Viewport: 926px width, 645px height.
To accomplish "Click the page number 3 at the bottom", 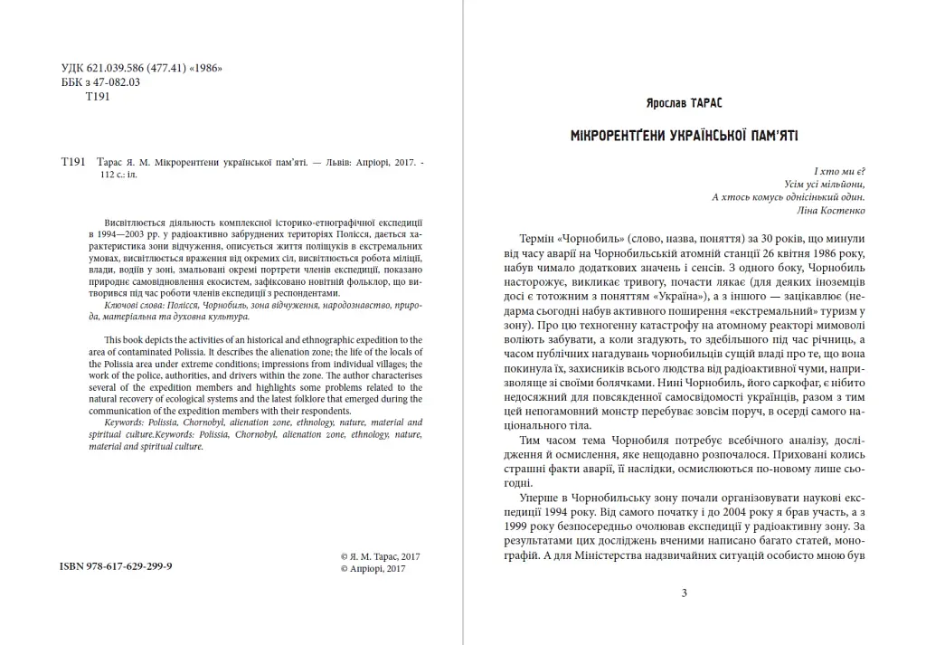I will (x=684, y=593).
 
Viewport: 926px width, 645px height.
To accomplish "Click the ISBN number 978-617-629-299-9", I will (x=116, y=564).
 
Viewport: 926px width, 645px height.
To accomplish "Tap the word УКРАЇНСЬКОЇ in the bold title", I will (x=710, y=136).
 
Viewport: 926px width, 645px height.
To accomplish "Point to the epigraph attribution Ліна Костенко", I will (x=833, y=211).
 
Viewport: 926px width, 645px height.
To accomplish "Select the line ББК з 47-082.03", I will (x=100, y=82).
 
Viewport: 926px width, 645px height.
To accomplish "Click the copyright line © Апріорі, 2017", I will (x=373, y=570).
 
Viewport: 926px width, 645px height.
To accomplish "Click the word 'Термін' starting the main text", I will (x=540, y=237).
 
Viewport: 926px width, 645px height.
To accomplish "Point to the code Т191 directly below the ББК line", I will (x=97, y=96).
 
